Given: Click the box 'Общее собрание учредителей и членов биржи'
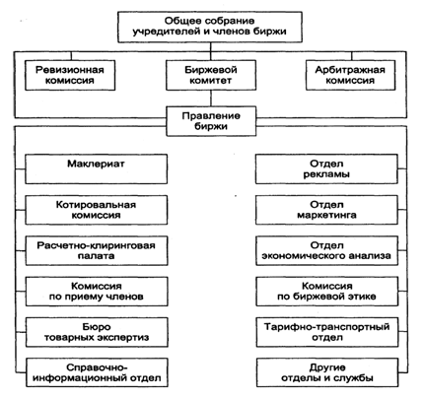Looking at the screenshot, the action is pyautogui.click(x=210, y=27).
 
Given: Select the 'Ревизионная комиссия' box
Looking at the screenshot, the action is pyautogui.click(x=70, y=75).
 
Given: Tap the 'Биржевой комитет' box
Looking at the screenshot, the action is pyautogui.click(x=211, y=75).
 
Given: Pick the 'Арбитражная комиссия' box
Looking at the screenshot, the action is pyautogui.click(x=350, y=75).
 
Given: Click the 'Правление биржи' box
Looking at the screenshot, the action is pyautogui.click(x=211, y=121).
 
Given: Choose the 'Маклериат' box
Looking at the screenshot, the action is pyautogui.click(x=97, y=169).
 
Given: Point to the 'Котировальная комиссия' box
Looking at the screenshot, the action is pyautogui.click(x=97, y=210).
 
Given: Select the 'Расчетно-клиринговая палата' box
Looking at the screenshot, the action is pyautogui.click(x=97, y=250).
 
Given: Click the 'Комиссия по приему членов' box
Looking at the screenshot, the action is pyautogui.click(x=97, y=292).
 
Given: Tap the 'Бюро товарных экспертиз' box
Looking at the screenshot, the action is pyautogui.click(x=97, y=332).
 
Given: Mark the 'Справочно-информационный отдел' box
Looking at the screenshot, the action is pyautogui.click(x=97, y=372).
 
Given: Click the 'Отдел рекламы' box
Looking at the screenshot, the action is pyautogui.click(x=326, y=169).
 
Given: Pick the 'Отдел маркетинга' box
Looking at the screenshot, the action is pyautogui.click(x=326, y=210).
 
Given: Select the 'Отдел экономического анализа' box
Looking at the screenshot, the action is pyautogui.click(x=326, y=250).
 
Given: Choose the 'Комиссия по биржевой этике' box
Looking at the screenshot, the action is pyautogui.click(x=326, y=292).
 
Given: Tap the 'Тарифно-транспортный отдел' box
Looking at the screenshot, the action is pyautogui.click(x=327, y=332).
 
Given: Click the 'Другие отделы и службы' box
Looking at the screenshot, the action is pyautogui.click(x=327, y=372).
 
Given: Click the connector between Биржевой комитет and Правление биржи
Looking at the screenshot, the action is pyautogui.click(x=211, y=99).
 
